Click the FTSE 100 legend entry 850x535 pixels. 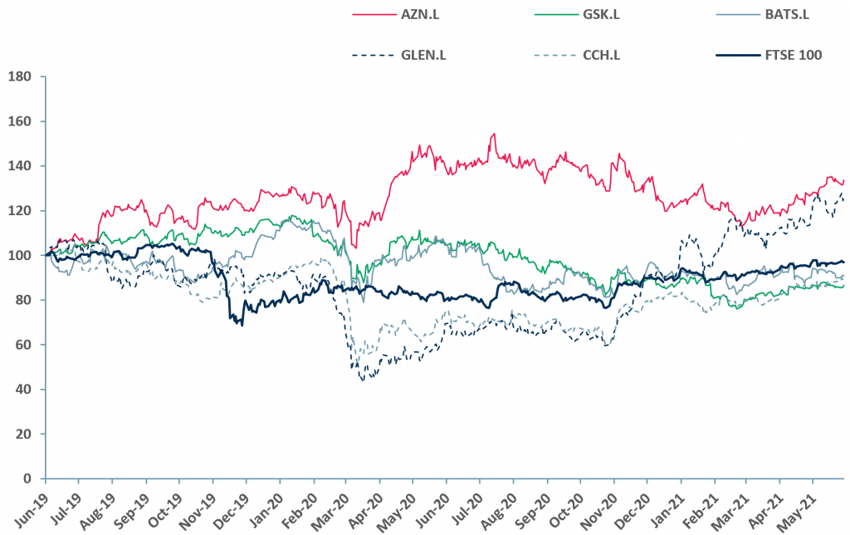(793, 56)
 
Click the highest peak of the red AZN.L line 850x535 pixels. (494, 134)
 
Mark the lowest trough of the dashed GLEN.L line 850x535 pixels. (363, 380)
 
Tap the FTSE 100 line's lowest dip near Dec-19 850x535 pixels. (242, 324)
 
